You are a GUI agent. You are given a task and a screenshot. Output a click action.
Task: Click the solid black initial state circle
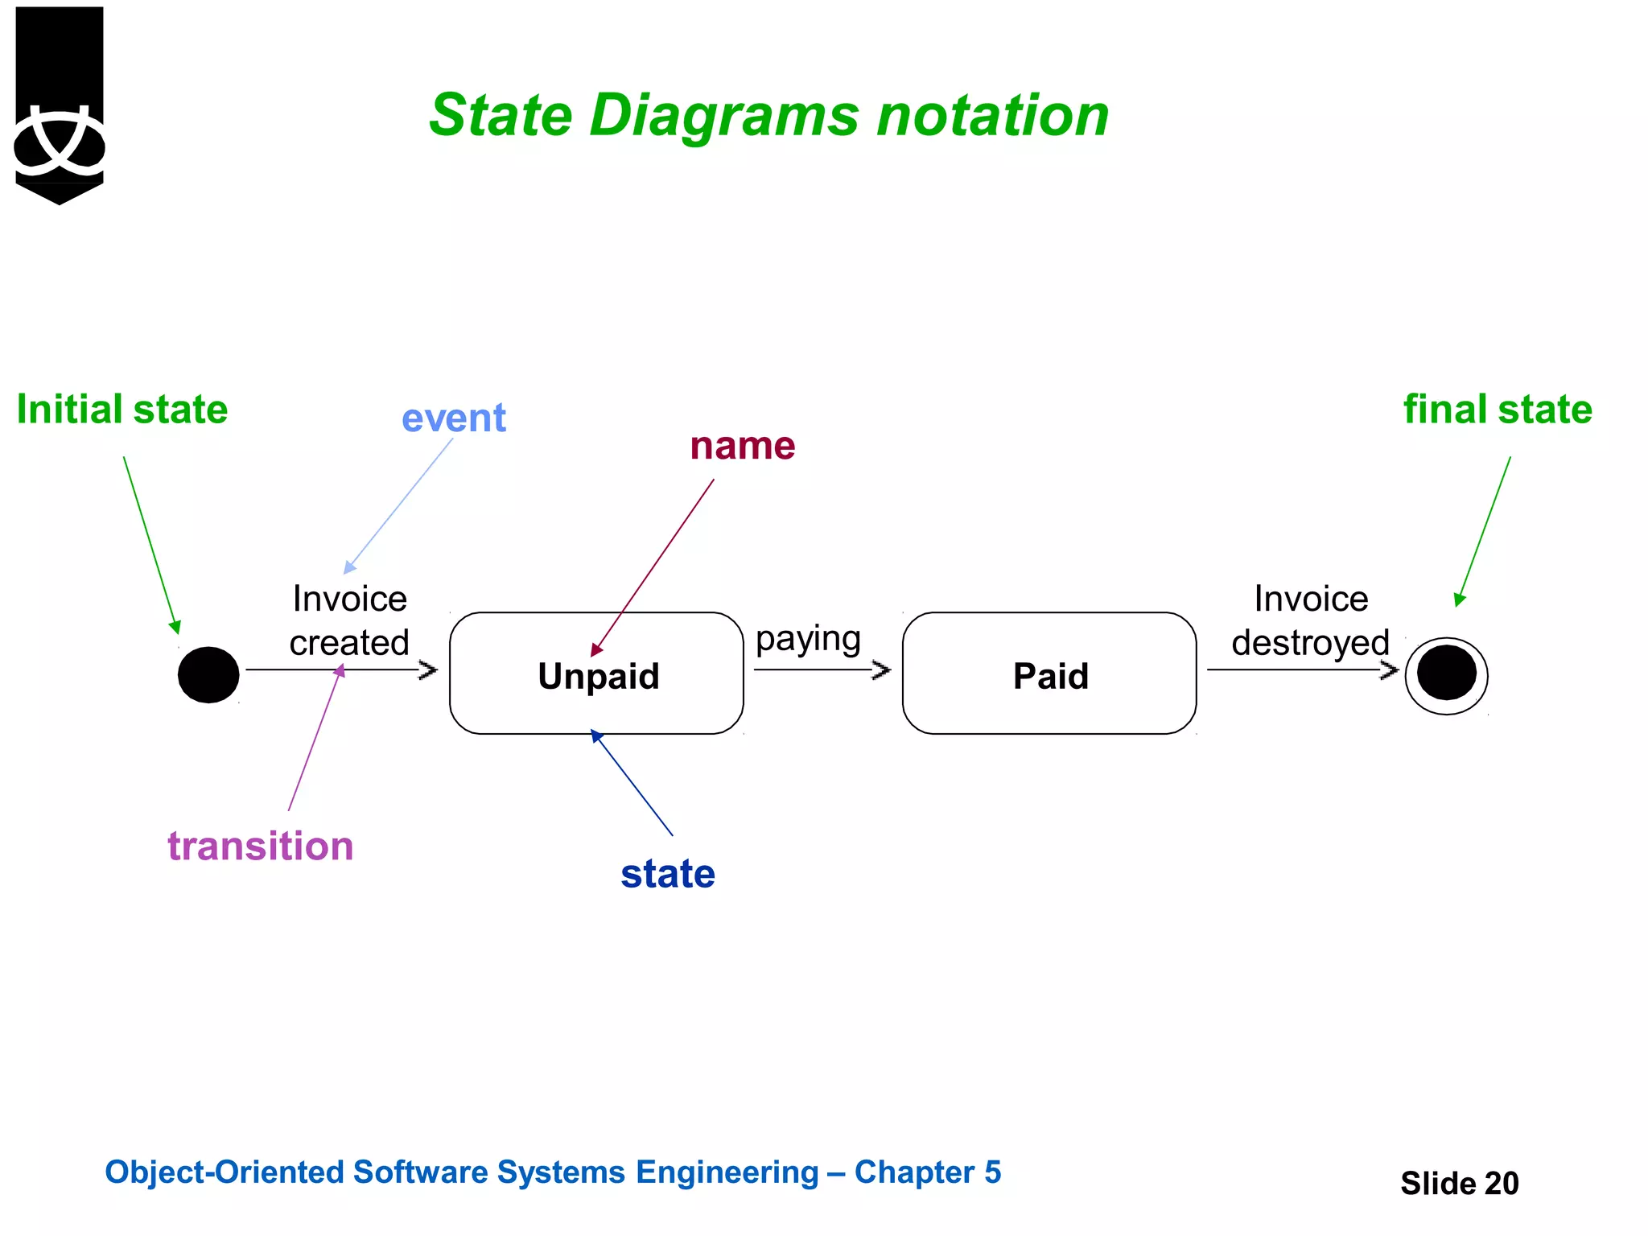pos(208,674)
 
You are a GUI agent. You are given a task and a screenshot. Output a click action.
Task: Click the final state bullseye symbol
pos(1446,674)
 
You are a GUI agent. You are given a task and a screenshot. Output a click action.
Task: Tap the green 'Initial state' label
pos(122,409)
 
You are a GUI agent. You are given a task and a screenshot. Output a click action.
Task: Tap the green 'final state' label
pos(1498,409)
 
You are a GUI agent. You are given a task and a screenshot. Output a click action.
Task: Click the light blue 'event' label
pos(454,418)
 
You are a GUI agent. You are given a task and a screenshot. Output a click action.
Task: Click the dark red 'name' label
pos(742,445)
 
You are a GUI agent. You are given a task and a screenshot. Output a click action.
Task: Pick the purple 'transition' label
pos(261,847)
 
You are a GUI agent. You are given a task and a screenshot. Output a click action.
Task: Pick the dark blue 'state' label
pos(668,873)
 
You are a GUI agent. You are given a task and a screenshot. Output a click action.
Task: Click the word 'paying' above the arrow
pos(808,640)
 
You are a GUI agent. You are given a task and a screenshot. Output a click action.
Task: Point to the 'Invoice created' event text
pos(349,620)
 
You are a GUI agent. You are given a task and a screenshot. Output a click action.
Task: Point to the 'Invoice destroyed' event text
pos(1310,620)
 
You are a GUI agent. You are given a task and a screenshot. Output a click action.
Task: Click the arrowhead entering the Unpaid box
pos(429,669)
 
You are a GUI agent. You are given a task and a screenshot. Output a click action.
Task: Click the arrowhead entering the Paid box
pos(883,669)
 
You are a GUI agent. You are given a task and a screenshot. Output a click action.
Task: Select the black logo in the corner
pos(60,105)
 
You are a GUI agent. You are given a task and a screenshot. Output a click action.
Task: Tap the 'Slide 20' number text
pos(1459,1183)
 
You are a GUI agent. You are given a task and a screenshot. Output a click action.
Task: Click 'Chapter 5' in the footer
pos(927,1172)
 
